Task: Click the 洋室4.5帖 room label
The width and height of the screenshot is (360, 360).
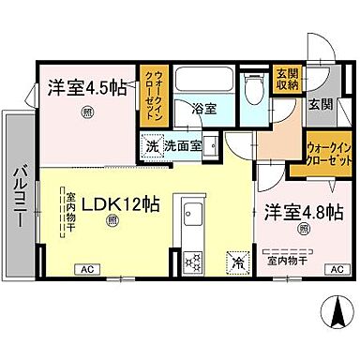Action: pyautogui.click(x=86, y=90)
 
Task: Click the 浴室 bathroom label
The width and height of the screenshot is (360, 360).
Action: pyautogui.click(x=205, y=109)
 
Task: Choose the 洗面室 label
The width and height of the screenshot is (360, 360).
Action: pyautogui.click(x=182, y=146)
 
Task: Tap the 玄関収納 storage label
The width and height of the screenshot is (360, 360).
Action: pyautogui.click(x=287, y=79)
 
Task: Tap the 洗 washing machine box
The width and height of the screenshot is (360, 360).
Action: pyautogui.click(x=151, y=146)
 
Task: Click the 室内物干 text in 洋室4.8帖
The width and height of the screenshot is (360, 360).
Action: pyautogui.click(x=284, y=260)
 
